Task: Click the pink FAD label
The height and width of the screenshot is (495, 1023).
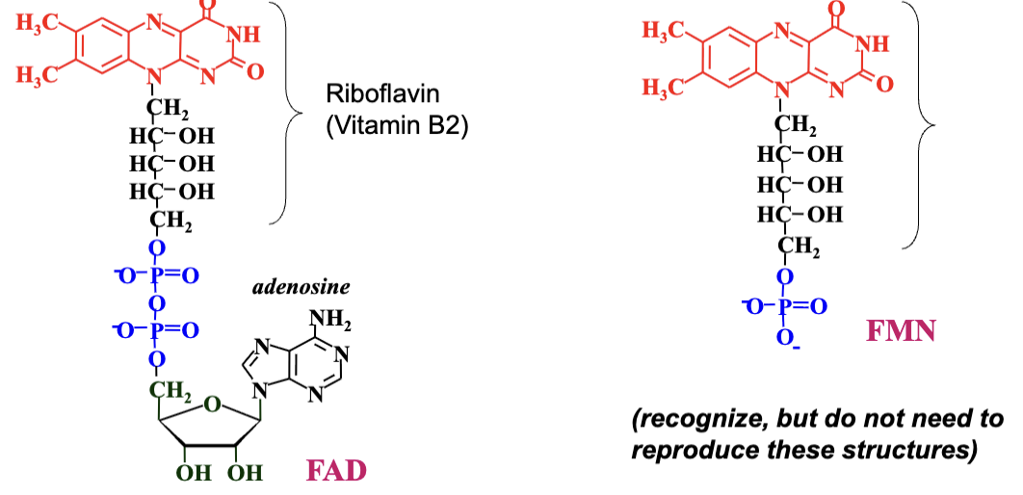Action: tap(336, 472)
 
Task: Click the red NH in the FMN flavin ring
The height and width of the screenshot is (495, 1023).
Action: tap(873, 44)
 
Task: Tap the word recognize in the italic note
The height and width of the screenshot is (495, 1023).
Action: tap(698, 420)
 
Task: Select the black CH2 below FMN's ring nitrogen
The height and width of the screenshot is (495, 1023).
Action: tap(796, 125)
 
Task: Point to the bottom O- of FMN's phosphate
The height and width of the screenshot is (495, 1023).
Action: tap(786, 340)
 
